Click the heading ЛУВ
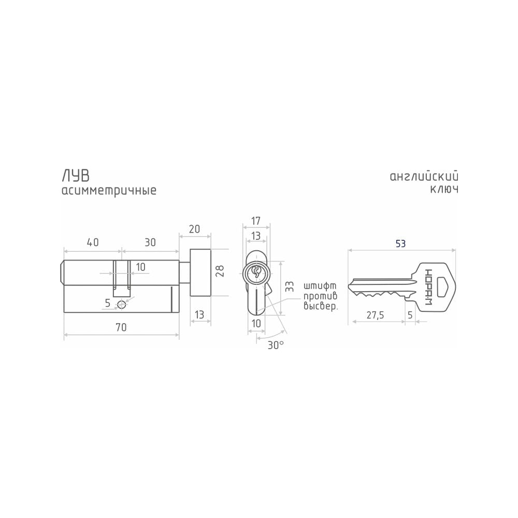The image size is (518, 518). pyautogui.click(x=75, y=176)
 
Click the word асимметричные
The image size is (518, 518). pyautogui.click(x=109, y=191)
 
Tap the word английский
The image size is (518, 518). pyautogui.click(x=424, y=177)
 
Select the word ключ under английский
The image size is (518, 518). pyautogui.click(x=444, y=189)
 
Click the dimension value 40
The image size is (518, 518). pyautogui.click(x=93, y=242)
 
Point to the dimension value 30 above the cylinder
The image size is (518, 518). pyautogui.click(x=150, y=242)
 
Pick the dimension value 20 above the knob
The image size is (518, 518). pyautogui.click(x=195, y=229)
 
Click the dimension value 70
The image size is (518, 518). pyautogui.click(x=121, y=327)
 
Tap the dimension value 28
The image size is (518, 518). pyautogui.click(x=220, y=271)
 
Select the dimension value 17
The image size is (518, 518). pyautogui.click(x=256, y=221)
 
